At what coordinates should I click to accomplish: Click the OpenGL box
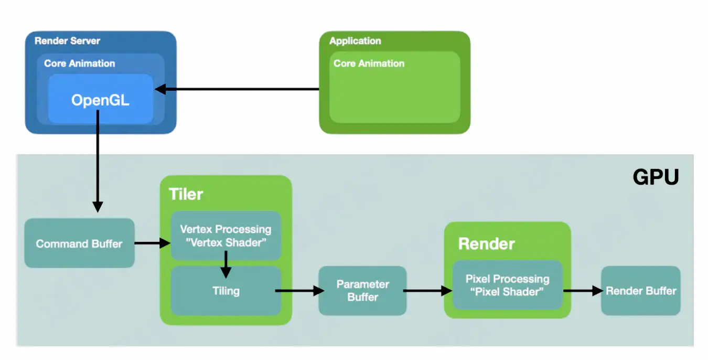[x=100, y=99]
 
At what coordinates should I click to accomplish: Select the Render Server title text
[x=67, y=41]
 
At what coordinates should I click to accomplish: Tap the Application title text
[x=355, y=41]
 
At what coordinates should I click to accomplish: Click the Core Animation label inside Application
[x=369, y=63]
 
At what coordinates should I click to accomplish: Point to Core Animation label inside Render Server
[x=79, y=63]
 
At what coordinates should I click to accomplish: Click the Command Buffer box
[x=79, y=243]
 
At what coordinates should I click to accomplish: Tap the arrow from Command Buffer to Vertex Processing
[x=153, y=243]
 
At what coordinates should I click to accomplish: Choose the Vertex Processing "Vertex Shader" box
[x=226, y=236]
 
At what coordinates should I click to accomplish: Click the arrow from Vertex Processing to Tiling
[x=226, y=264]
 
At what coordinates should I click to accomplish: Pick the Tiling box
[x=226, y=291]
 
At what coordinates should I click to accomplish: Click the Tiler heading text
[x=186, y=194]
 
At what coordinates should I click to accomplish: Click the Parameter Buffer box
[x=362, y=291]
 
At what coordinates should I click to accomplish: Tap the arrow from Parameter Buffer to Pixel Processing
[x=427, y=290]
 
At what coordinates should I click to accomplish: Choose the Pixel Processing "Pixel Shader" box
[x=507, y=285]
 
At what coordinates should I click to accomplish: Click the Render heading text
[x=486, y=243]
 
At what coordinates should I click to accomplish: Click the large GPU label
[x=656, y=177]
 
